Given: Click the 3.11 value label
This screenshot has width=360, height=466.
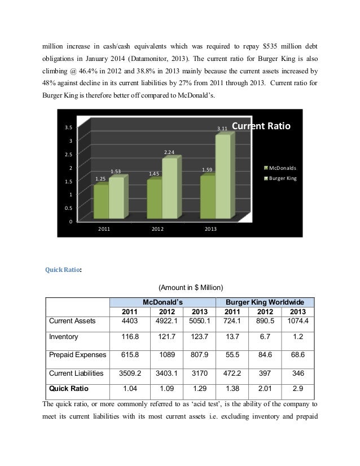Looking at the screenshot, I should [x=222, y=129].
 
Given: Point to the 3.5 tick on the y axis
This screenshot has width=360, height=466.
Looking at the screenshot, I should [x=67, y=128].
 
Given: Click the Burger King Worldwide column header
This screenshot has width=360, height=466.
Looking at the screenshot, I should [x=265, y=302].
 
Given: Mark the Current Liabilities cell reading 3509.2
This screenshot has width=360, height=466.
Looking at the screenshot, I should [x=130, y=373].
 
